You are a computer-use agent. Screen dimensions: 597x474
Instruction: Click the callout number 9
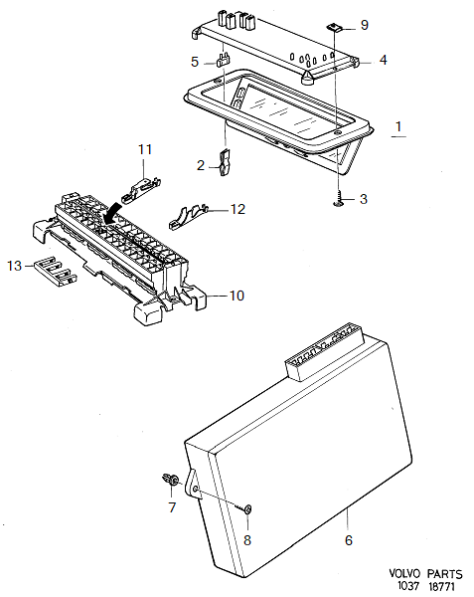coord(363,24)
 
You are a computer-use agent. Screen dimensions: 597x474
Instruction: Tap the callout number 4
coord(383,60)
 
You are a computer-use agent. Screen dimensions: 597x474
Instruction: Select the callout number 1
coord(398,127)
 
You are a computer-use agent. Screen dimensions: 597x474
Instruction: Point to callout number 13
coord(13,265)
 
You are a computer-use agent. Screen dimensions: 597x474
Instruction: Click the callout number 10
coord(237,296)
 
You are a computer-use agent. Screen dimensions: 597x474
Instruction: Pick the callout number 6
coord(348,541)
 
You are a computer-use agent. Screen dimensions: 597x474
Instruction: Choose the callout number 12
coord(237,209)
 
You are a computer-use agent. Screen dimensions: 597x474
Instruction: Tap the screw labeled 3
coord(340,200)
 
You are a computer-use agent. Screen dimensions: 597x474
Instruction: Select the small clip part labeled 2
coord(225,162)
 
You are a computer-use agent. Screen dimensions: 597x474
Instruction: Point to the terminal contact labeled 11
coord(144,184)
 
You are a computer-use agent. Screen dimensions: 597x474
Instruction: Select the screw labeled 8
coord(244,509)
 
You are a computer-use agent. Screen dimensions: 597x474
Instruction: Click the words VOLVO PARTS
coord(426,575)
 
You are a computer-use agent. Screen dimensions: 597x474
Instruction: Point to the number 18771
coord(444,588)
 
